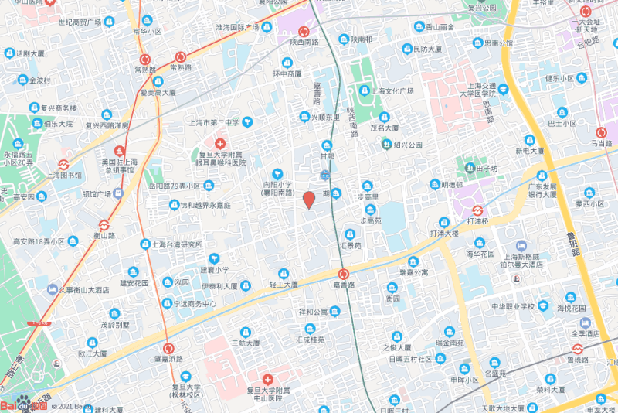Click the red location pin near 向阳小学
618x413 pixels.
(x=308, y=200)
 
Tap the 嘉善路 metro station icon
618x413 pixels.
(x=344, y=273)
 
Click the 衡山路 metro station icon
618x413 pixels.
(x=104, y=225)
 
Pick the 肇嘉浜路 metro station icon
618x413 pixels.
(x=168, y=348)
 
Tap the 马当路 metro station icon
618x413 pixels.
(x=602, y=132)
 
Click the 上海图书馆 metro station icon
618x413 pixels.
(x=63, y=164)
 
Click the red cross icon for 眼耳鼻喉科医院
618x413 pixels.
(x=220, y=144)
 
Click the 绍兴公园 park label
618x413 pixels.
(x=408, y=145)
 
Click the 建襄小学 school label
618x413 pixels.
(x=215, y=269)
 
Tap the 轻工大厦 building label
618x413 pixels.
(x=283, y=285)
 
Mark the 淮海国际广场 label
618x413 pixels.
(x=236, y=27)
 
